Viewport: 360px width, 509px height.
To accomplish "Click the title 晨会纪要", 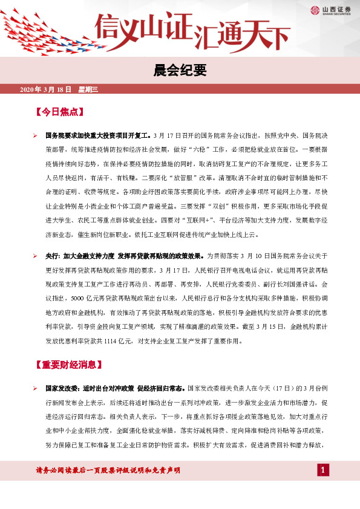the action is [x=180, y=71].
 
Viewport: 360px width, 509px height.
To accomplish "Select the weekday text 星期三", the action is [x=88, y=89].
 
